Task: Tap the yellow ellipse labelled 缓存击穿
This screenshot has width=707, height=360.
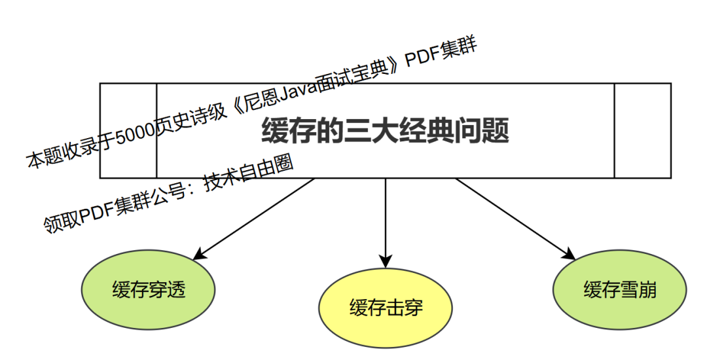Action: (386, 308)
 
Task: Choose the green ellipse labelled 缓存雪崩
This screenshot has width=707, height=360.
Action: (620, 290)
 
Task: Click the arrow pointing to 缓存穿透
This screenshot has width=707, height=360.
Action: (255, 217)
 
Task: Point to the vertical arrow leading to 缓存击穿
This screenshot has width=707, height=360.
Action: (386, 219)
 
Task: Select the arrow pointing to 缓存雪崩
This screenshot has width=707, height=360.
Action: (514, 217)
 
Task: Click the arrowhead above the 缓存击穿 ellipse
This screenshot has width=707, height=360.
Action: (386, 259)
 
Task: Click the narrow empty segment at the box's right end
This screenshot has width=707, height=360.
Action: (642, 131)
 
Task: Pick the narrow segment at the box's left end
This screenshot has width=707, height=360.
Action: (128, 131)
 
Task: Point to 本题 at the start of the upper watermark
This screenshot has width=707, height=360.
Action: (42, 157)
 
